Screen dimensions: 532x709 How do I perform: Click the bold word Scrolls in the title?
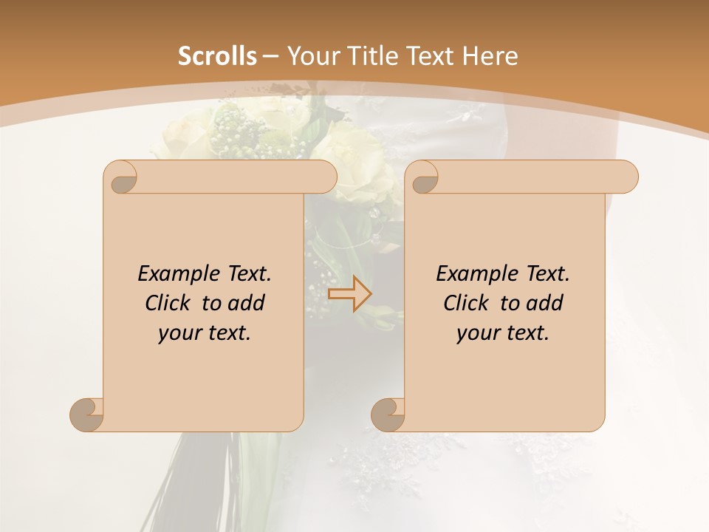(217, 56)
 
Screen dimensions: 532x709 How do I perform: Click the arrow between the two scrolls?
(349, 293)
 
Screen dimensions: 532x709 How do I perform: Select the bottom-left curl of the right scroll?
(388, 415)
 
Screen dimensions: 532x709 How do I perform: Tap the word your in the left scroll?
(179, 333)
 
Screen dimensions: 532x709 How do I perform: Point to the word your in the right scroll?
(478, 333)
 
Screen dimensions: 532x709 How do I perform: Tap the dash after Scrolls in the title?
(270, 56)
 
